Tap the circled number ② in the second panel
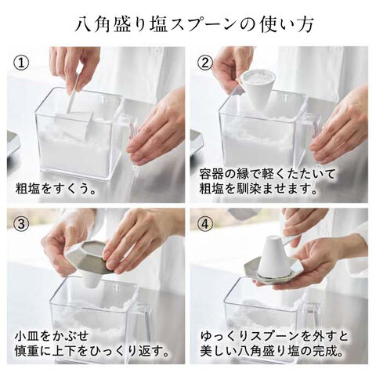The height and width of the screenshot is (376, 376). pos(205,63)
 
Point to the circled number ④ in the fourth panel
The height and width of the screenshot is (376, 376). pos(206,224)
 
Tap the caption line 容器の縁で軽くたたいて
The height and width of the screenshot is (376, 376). pos(267,174)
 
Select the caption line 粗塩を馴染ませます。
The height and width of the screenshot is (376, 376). pos(258,189)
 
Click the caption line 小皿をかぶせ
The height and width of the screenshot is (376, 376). pos(52,336)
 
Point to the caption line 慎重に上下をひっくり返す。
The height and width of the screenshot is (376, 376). pos(92,351)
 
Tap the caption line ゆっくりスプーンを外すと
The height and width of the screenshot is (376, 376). pos(274,336)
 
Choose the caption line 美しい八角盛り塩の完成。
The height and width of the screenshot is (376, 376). pos(272,351)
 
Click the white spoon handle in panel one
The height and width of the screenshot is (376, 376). pos(74,94)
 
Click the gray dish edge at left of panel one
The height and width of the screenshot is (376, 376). pos(13,143)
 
